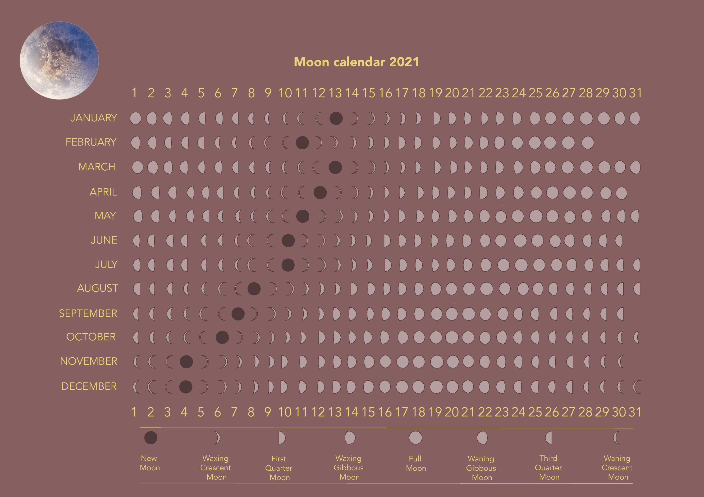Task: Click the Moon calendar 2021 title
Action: pos(356,62)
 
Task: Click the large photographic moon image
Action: pos(59,60)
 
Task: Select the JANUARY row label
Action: pos(94,118)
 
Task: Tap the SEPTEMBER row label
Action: pos(88,313)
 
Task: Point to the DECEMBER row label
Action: pos(89,386)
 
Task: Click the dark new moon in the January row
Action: pos(336,118)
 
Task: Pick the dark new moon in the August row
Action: pos(254,288)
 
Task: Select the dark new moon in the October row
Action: pos(222,337)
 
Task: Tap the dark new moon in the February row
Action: pos(302,143)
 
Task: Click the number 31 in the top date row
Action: pos(635,93)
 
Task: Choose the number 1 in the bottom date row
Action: pos(134,412)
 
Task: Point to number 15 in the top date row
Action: pos(368,93)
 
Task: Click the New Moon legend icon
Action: pos(151,438)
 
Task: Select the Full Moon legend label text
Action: pos(416,463)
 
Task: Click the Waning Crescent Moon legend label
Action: pos(617,468)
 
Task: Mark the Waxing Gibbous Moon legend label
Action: pos(349,468)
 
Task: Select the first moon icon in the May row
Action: pos(138,216)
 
